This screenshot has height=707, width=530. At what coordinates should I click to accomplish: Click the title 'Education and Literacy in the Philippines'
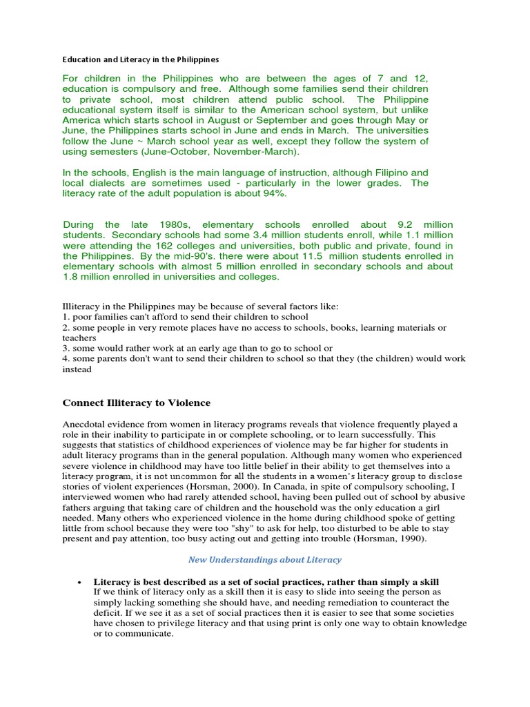pos(141,60)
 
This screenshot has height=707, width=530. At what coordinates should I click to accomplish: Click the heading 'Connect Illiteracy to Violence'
pos(137,403)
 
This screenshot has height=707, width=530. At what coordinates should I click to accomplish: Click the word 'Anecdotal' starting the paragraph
pos(87,424)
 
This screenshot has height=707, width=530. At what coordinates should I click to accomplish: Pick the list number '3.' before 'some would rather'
pos(67,348)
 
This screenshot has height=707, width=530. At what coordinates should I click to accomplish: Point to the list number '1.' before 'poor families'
pos(67,317)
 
